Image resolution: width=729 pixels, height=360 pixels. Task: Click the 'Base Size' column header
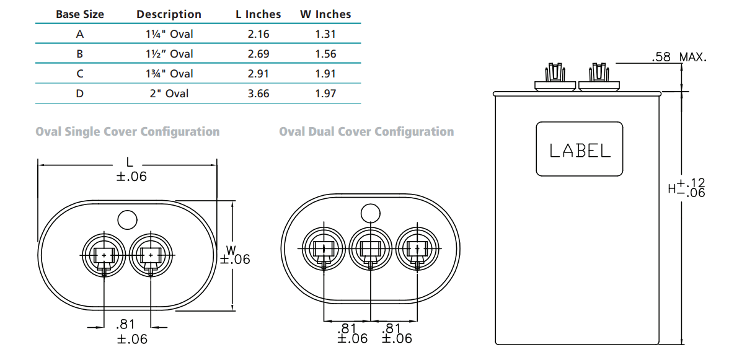pos(80,14)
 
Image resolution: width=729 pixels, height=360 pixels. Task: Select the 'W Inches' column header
pos(325,14)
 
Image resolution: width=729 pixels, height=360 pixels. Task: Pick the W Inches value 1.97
pos(325,94)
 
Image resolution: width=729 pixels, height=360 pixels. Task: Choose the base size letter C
pos(80,74)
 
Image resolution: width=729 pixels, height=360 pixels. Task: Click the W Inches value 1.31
pos(325,34)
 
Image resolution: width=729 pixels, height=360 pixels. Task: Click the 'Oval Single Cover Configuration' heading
pos(128,132)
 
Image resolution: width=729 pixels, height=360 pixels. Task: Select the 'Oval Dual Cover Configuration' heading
pos(366,132)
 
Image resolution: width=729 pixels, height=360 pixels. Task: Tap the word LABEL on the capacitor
pos(580,151)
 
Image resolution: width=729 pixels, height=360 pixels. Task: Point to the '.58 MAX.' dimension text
pos(679,58)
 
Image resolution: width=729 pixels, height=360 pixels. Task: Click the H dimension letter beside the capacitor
pos(671,188)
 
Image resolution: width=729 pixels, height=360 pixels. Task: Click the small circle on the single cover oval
pos(127,219)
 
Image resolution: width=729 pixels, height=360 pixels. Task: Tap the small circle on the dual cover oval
pos(370,213)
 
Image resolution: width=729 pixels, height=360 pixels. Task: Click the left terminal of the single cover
pos(104,255)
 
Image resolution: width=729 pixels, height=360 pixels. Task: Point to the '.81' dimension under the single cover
pos(127,325)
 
